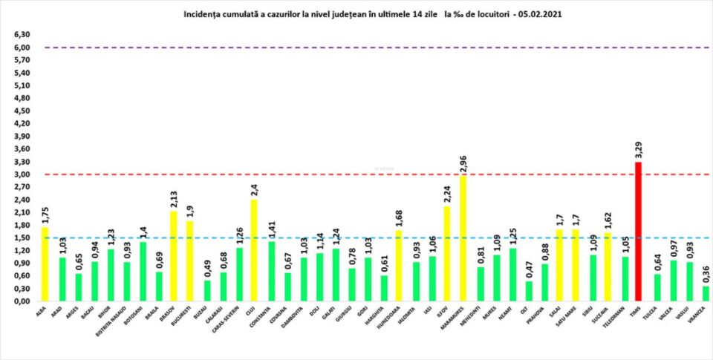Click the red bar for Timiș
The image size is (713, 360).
[637, 232]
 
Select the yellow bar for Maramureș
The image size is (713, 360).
[463, 239]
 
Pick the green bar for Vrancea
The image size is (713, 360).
[705, 294]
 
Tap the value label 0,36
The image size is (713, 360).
[705, 273]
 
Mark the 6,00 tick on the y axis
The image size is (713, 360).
[22, 48]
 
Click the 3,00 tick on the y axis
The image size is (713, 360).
[22, 174]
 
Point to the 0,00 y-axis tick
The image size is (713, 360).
[22, 301]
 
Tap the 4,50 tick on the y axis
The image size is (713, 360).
[22, 111]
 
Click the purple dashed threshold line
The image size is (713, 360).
[371, 48]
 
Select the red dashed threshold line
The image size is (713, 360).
[371, 174]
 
